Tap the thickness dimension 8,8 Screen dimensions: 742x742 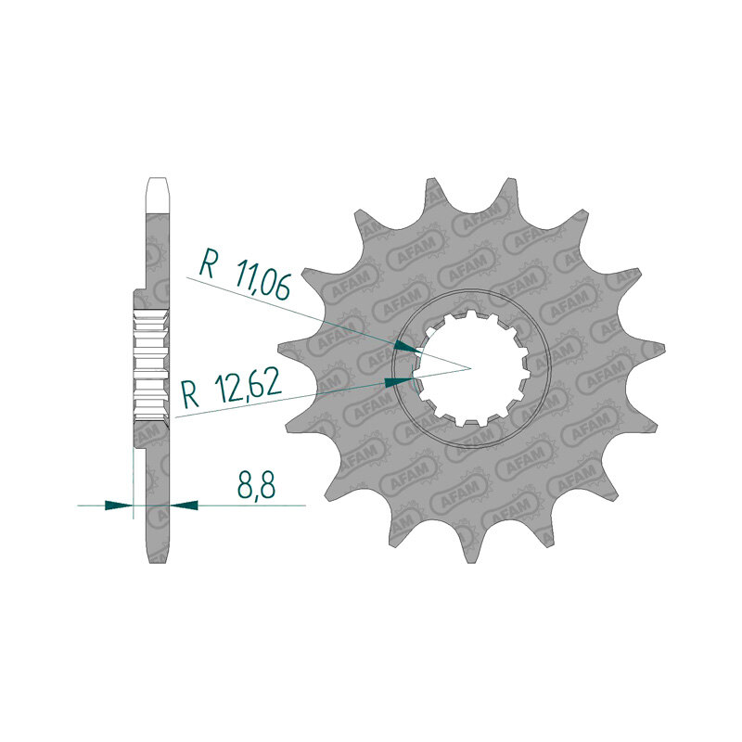point(256,483)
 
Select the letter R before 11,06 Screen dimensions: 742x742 point(208,263)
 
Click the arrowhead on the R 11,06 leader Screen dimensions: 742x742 point(407,347)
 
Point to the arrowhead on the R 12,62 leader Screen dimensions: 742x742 point(399,381)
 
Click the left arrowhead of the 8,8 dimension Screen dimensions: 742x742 point(119,505)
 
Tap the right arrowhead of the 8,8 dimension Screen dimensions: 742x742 point(184,505)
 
